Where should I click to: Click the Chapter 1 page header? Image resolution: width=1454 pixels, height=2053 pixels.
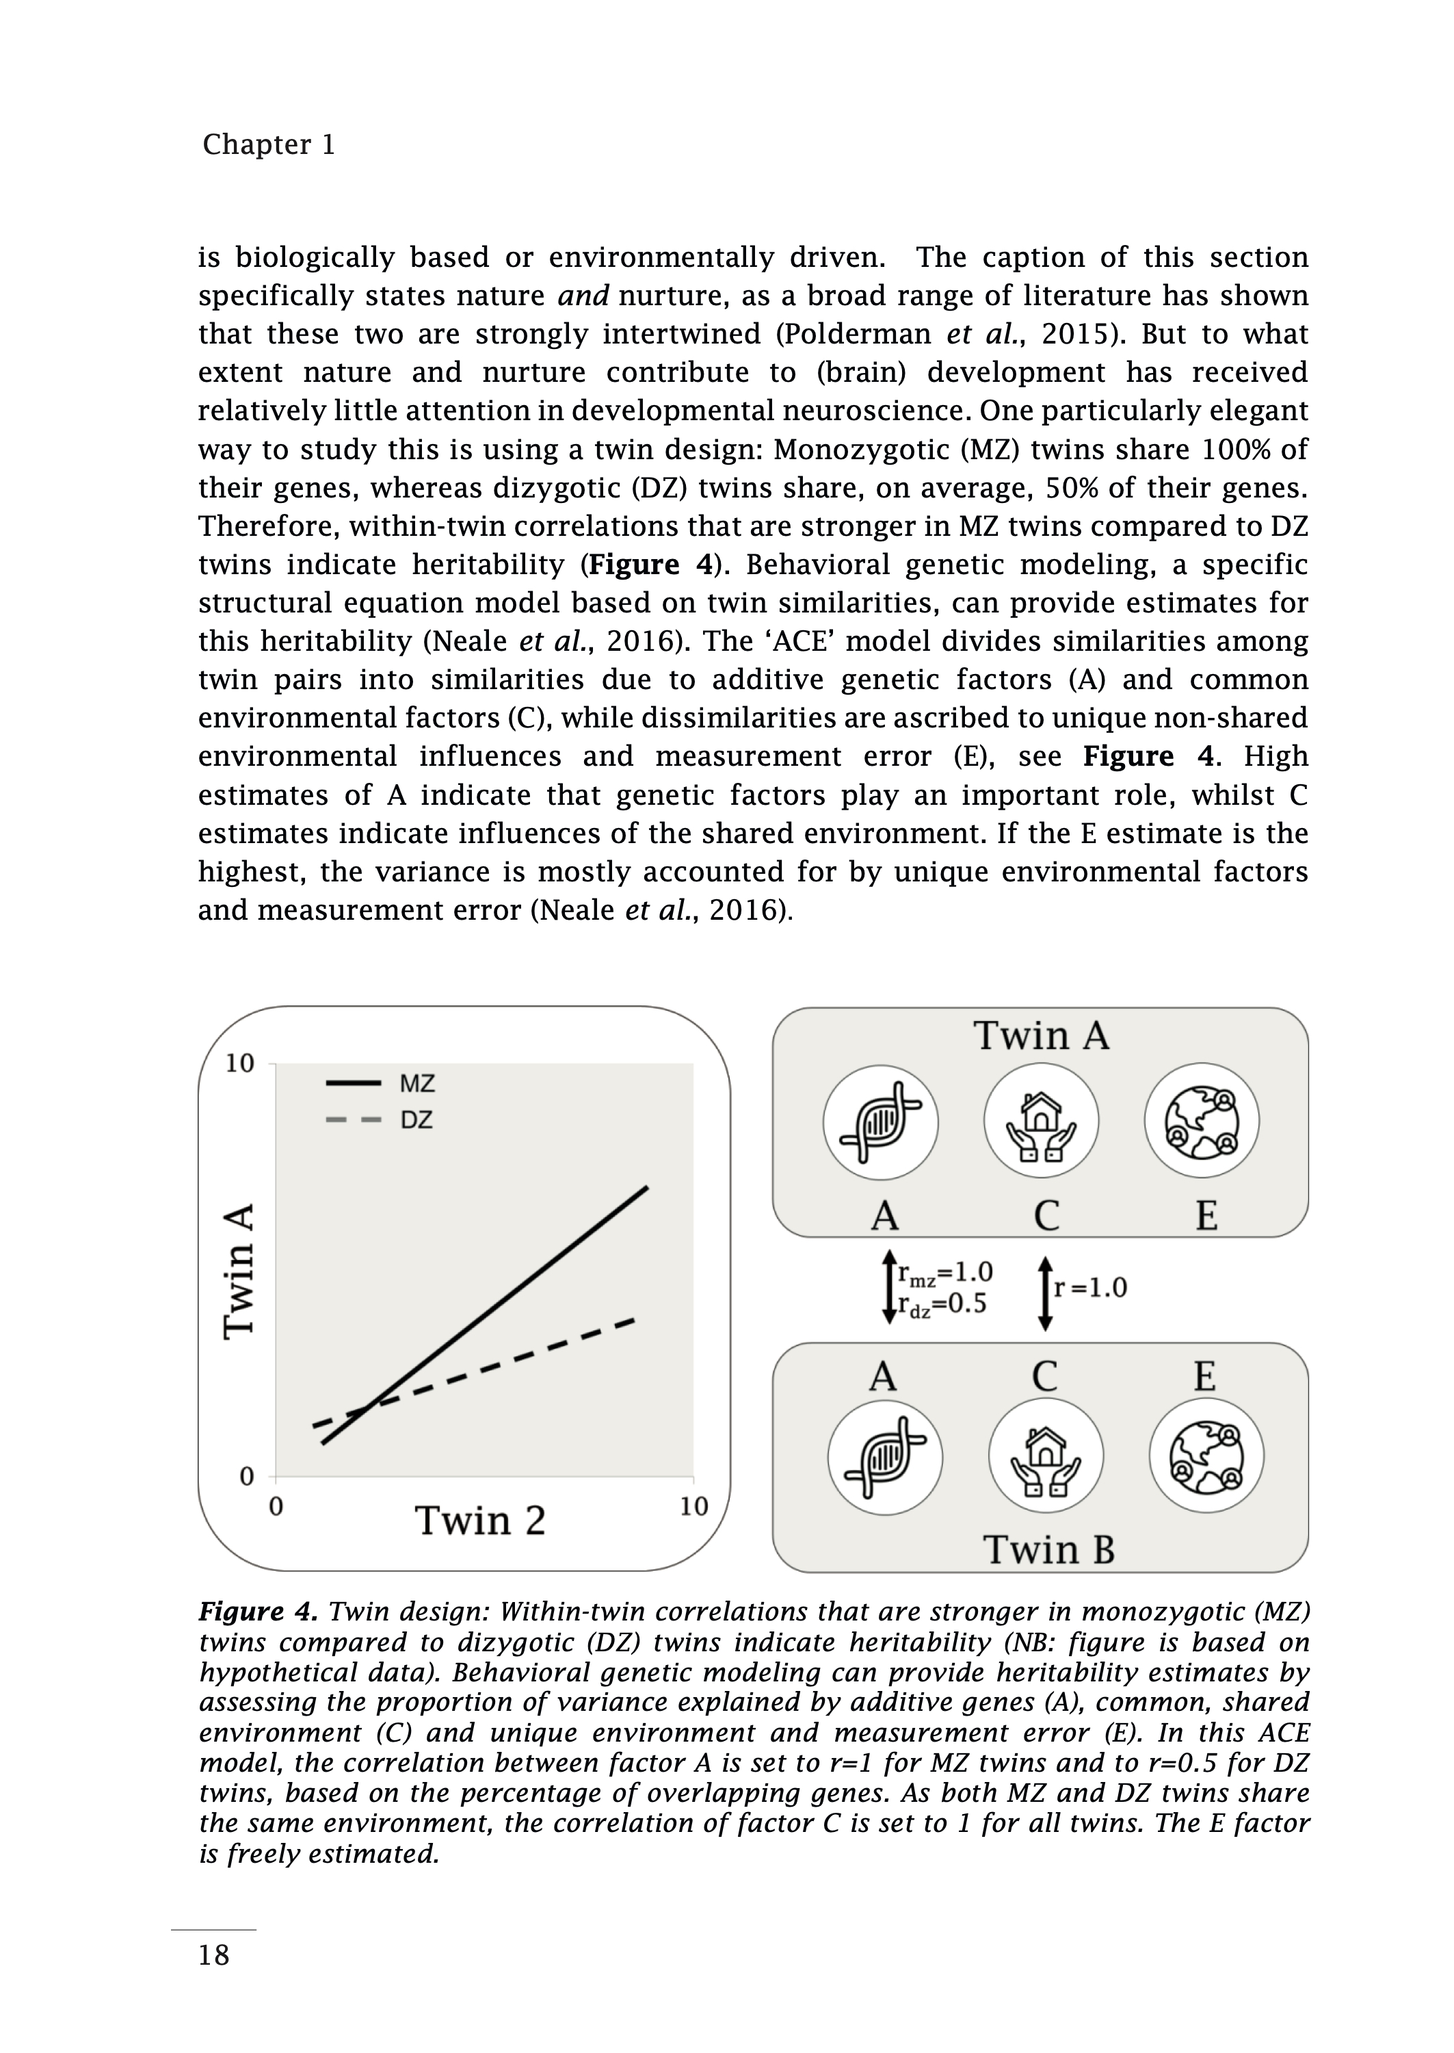[x=269, y=144]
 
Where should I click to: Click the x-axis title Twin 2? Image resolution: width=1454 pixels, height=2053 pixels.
[x=480, y=1521]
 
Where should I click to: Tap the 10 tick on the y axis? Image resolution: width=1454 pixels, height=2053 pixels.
[x=240, y=1063]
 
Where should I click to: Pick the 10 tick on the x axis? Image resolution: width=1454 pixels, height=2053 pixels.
[x=694, y=1507]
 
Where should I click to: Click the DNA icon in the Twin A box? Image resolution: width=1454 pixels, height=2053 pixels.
[x=880, y=1122]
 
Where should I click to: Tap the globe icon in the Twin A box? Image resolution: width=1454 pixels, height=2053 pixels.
[x=1202, y=1122]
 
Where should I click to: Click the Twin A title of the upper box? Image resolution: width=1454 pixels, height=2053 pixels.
[x=1041, y=1035]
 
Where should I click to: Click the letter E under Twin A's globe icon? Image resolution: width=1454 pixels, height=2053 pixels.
[x=1206, y=1215]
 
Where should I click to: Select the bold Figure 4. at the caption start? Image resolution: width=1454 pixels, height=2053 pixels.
[x=258, y=1612]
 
